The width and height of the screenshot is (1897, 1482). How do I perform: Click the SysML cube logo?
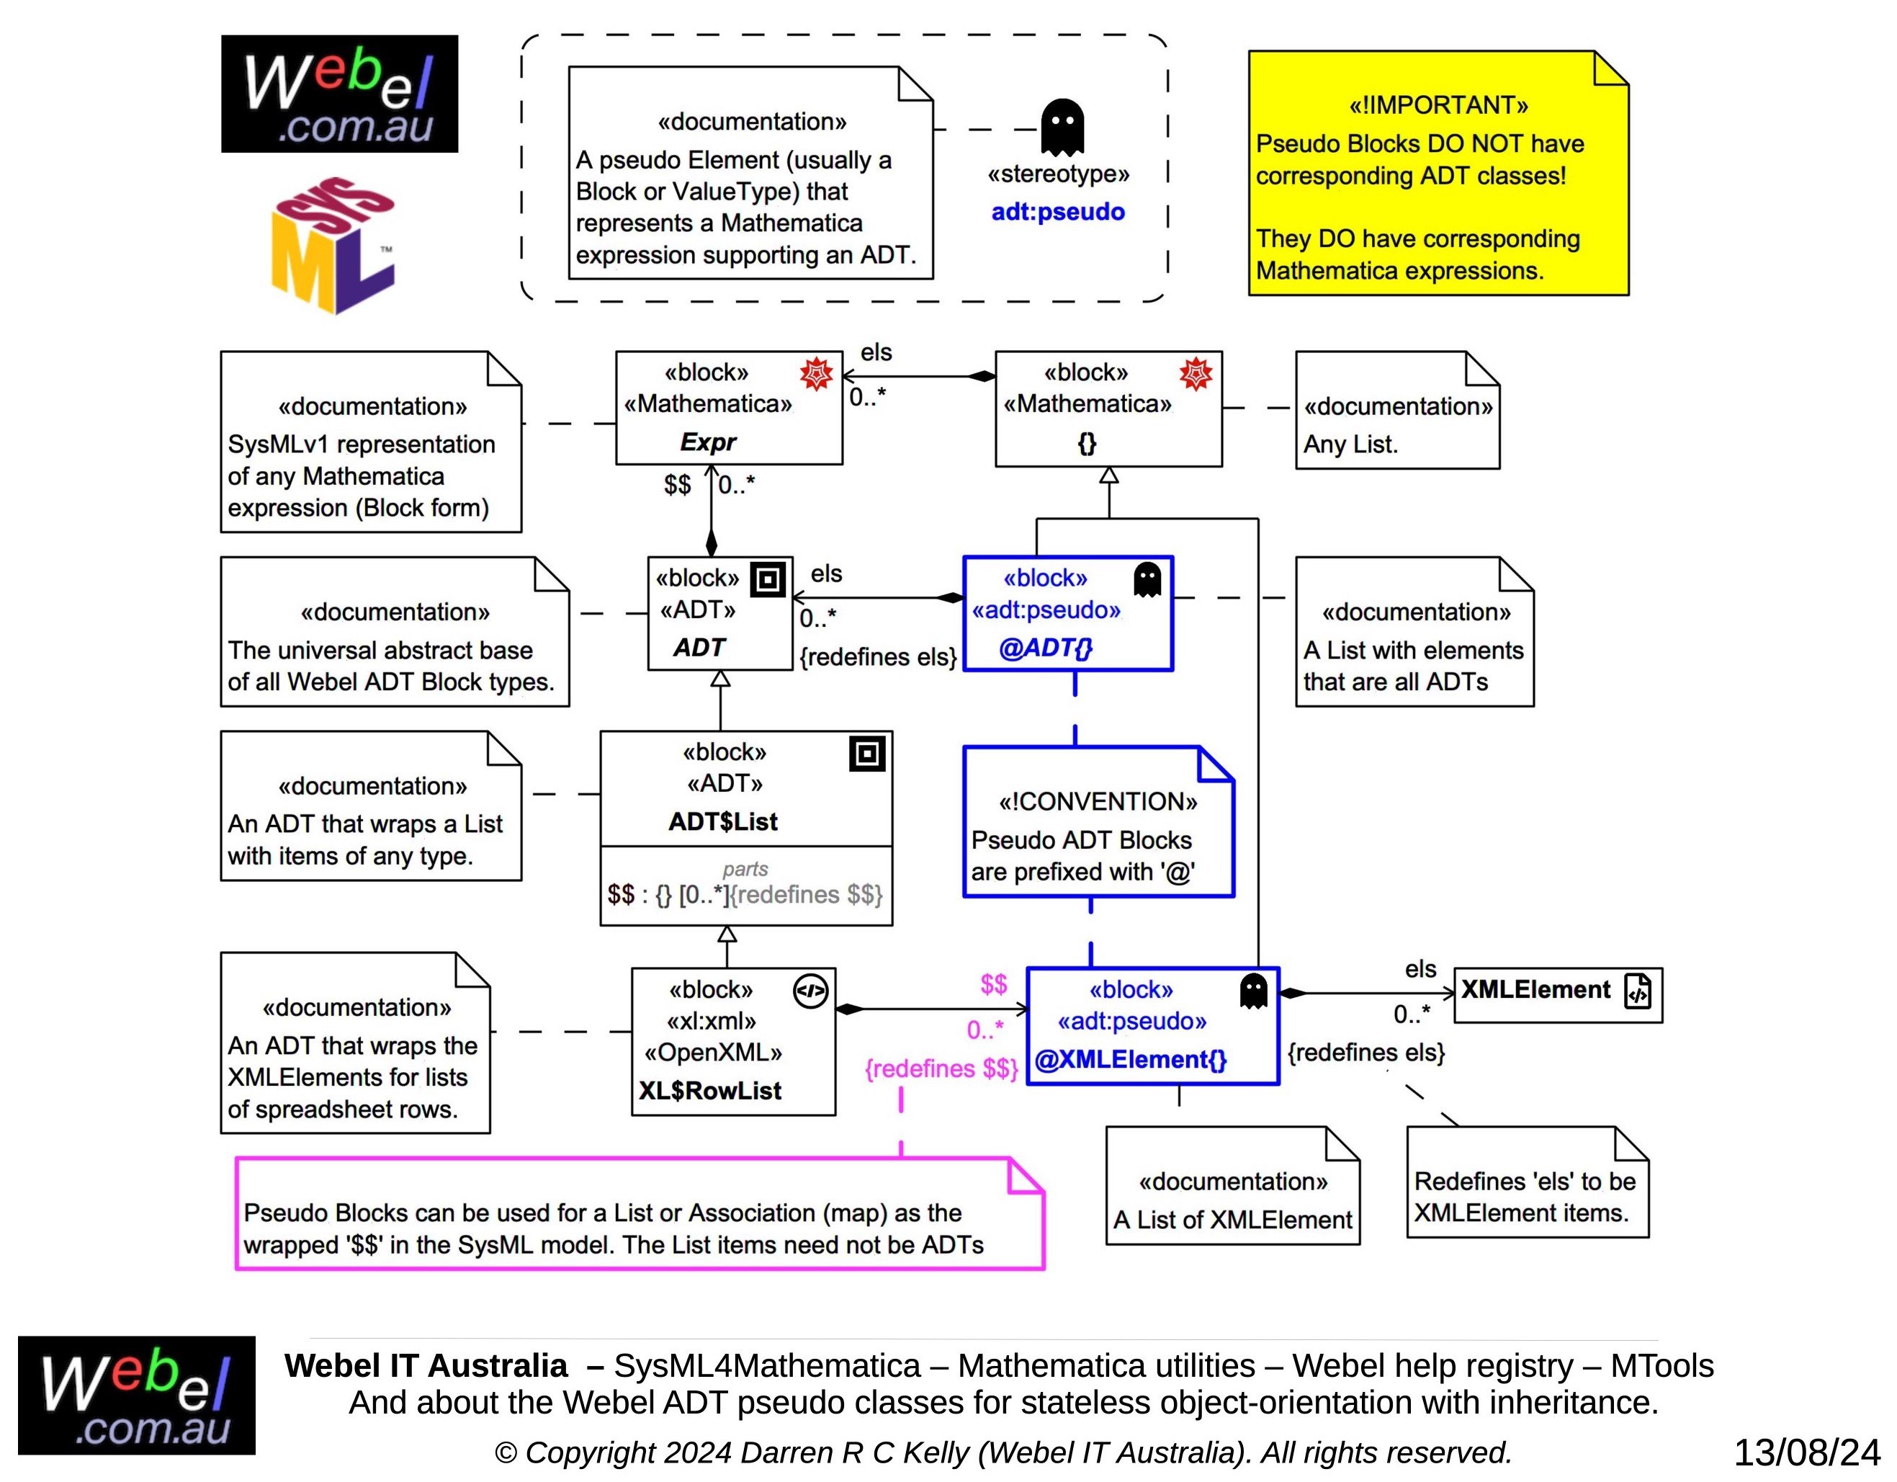tap(333, 245)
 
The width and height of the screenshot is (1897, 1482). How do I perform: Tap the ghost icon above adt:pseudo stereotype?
tap(1062, 127)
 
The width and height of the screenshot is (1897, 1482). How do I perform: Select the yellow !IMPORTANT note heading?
tap(1438, 105)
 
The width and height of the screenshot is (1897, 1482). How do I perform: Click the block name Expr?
tap(708, 442)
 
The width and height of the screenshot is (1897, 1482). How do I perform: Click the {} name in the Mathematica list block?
tap(1087, 443)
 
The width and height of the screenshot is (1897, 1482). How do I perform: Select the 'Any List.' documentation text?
tap(1350, 444)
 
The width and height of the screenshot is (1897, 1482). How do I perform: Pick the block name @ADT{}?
tap(1046, 647)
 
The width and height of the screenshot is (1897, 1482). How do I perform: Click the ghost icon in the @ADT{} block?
tap(1147, 579)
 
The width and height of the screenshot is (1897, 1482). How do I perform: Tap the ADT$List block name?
tap(722, 821)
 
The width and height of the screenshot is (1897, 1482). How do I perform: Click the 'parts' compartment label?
tap(745, 868)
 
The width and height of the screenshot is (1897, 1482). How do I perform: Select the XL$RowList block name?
tap(709, 1090)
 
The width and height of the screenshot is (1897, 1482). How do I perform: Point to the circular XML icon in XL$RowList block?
tap(810, 991)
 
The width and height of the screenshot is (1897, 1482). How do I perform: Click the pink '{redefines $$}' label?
tap(941, 1068)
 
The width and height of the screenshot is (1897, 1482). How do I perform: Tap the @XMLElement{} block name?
tap(1130, 1059)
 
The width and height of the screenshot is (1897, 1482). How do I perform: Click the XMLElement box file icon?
tap(1638, 991)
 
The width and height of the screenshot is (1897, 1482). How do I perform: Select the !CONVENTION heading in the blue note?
tap(1098, 801)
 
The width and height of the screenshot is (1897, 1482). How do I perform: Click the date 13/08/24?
tap(1806, 1452)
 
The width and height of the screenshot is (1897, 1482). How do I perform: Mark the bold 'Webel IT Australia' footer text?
tap(426, 1365)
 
